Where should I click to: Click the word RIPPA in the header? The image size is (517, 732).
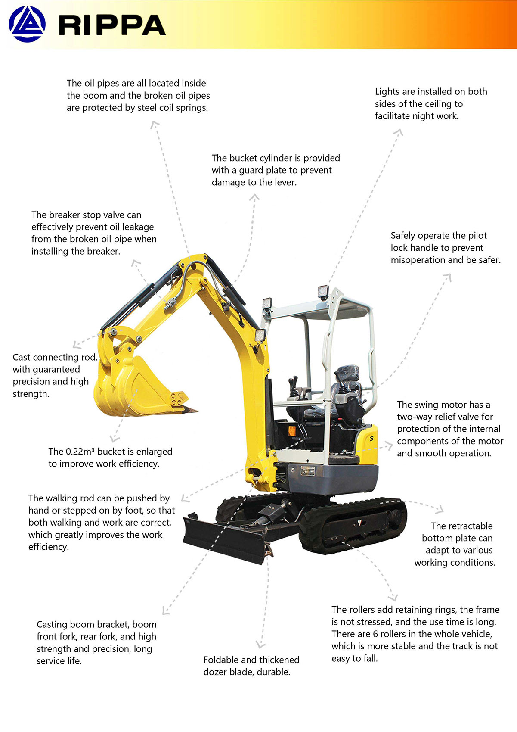(111, 25)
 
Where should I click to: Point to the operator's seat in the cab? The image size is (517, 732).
(346, 392)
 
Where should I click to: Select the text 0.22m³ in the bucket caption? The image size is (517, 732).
(80, 452)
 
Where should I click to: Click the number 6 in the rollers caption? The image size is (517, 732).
(375, 634)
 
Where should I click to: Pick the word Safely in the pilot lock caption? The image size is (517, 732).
(402, 236)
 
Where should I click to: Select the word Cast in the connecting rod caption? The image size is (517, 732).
(22, 357)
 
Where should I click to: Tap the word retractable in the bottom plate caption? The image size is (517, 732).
(461, 526)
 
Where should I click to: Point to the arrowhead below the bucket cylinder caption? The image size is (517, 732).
(254, 197)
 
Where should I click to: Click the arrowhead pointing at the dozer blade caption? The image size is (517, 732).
(260, 644)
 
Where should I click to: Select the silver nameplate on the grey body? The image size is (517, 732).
(308, 471)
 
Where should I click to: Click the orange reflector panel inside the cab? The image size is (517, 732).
(292, 431)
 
